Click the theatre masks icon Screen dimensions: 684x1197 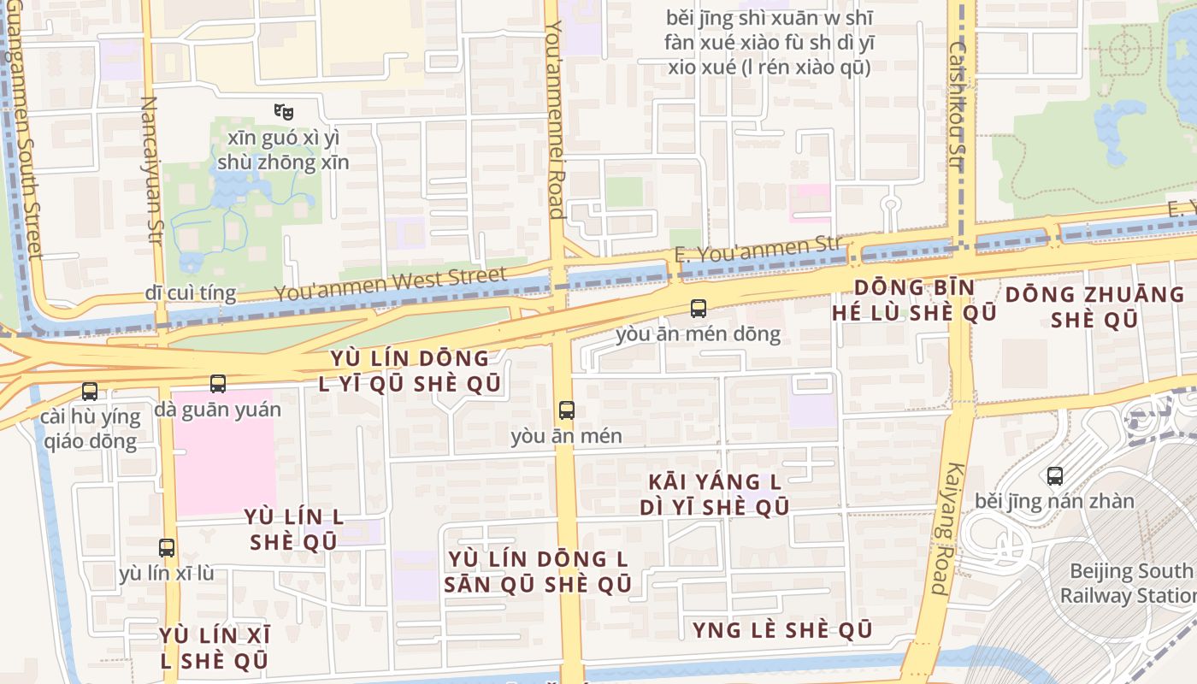coord(284,111)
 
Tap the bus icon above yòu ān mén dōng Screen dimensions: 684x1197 coord(699,309)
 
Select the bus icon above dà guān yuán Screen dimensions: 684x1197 coord(218,385)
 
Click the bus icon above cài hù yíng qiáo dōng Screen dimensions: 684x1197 coord(90,392)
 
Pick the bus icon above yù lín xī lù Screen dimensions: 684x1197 coord(167,548)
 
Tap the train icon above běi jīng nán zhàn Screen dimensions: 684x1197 coord(1055,476)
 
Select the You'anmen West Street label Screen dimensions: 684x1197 coord(390,284)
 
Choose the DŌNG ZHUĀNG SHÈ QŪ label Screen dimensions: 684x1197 coord(1094,307)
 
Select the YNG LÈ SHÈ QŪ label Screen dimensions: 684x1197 coord(782,631)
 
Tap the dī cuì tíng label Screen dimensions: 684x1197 coord(190,292)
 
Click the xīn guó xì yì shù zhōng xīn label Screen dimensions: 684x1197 coord(283,150)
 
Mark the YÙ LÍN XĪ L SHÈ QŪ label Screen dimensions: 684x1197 coord(214,648)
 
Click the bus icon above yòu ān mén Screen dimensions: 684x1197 coord(566,410)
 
